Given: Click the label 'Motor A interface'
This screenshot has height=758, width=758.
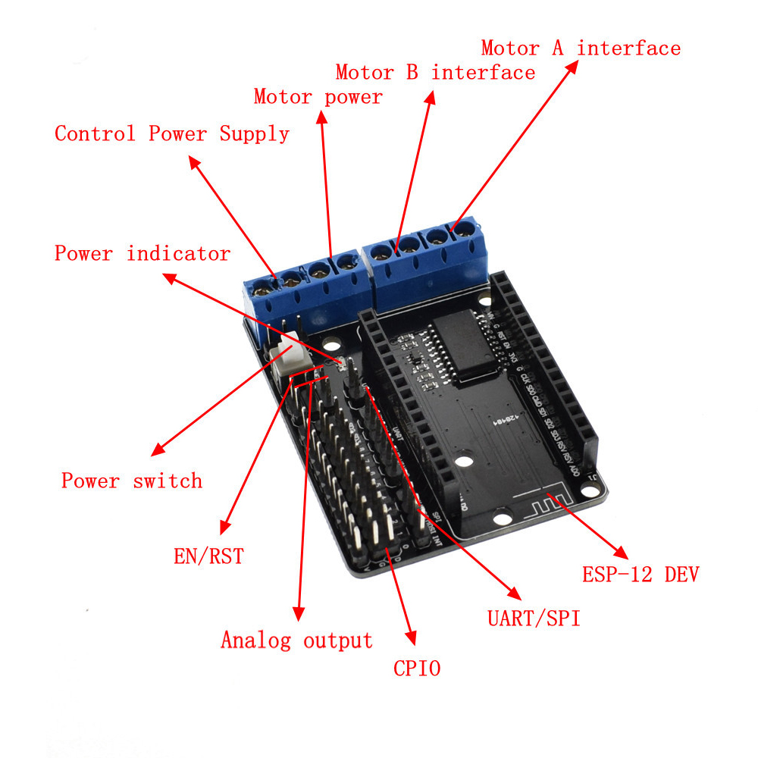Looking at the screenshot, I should [581, 49].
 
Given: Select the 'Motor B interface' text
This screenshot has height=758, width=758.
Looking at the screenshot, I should [435, 73].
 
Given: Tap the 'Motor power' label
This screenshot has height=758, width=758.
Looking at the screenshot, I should [318, 97].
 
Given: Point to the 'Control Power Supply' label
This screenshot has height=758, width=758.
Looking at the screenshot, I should [172, 134].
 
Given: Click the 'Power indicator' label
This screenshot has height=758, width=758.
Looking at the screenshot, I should [142, 253].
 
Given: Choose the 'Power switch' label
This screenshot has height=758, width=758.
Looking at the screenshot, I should [132, 481].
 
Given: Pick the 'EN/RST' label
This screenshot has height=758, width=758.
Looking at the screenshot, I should [208, 556].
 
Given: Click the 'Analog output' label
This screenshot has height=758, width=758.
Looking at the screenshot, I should [296, 641].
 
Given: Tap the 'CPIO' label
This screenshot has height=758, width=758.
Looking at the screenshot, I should [416, 668].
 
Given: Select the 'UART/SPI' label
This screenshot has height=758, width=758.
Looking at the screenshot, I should [534, 619].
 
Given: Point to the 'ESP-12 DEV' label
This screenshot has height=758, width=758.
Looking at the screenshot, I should [641, 574].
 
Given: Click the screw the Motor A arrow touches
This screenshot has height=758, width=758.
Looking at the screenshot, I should [456, 228].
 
